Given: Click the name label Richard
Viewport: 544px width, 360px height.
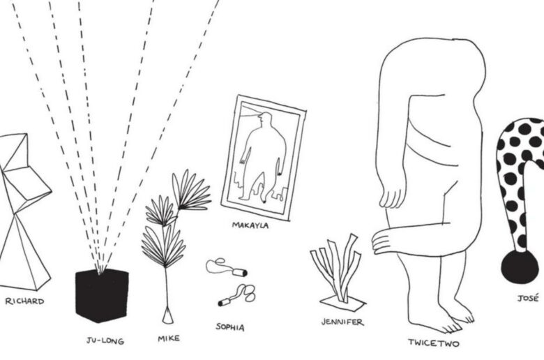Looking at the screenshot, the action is [24, 301].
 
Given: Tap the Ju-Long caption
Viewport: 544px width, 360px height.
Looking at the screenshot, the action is [105, 341].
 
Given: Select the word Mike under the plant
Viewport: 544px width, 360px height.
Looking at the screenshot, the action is [169, 338].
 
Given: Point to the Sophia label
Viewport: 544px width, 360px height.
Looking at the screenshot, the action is [230, 327].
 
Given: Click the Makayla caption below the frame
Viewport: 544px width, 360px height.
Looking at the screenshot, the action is [250, 225].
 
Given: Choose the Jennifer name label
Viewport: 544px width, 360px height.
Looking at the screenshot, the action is [342, 322].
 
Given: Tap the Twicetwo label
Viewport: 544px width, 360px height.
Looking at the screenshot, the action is [434, 343].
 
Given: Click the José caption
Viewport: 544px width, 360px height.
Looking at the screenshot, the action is [528, 298].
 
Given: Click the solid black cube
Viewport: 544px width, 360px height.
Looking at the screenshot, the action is [102, 295].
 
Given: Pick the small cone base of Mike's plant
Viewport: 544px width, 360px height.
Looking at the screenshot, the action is [168, 317].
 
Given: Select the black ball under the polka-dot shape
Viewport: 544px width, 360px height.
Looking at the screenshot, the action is [520, 267].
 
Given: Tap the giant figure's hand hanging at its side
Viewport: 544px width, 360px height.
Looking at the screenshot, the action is [392, 197].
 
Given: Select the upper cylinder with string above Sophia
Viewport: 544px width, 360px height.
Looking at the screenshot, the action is [227, 268].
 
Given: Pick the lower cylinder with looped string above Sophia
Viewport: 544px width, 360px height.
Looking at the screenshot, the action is [236, 296].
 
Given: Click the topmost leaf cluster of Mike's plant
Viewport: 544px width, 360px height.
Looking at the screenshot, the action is [192, 190].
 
